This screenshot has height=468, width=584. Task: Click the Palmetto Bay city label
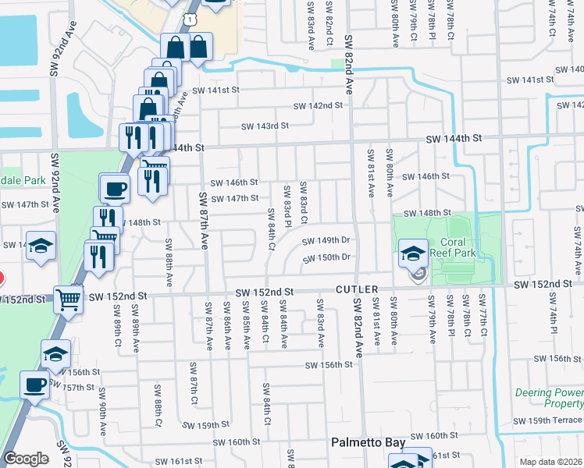368,442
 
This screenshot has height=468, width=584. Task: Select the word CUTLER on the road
357,289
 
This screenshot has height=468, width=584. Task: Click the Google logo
26,459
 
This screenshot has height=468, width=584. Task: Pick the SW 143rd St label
265,126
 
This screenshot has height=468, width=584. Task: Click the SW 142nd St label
318,106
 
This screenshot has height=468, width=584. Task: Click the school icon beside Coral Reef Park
412,253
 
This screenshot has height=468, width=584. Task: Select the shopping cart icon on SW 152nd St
69,298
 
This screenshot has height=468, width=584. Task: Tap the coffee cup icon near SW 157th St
34,385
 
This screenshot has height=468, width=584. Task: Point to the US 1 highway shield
190,16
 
